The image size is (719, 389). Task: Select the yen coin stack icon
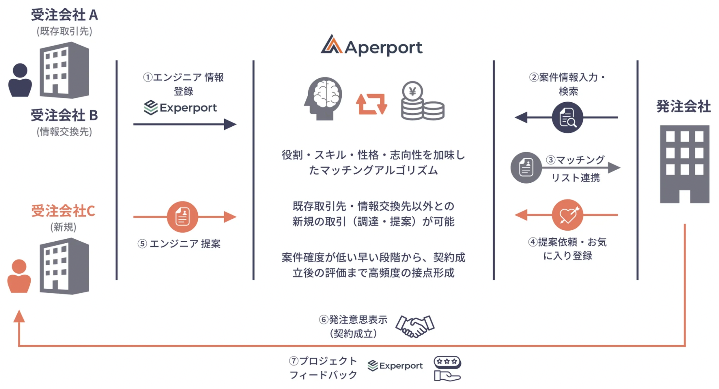pyautogui.click(x=422, y=101)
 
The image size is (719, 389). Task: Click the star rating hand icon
pyautogui.click(x=447, y=368)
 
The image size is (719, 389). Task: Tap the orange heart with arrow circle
pyautogui.click(x=567, y=215)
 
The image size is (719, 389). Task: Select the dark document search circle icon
pyautogui.click(x=567, y=117)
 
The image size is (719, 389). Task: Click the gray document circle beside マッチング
pyautogui.click(x=526, y=168)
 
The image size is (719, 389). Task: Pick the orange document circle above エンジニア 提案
pyautogui.click(x=183, y=217)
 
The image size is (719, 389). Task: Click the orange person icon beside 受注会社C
pyautogui.click(x=19, y=276)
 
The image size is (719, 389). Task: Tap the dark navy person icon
pyautogui.click(x=20, y=80)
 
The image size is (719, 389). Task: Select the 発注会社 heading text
pyautogui.click(x=683, y=107)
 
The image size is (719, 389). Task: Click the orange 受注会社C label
pyautogui.click(x=63, y=211)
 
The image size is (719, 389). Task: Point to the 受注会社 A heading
pyautogui.click(x=64, y=15)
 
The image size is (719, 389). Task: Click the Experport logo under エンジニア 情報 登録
pyautogui.click(x=180, y=108)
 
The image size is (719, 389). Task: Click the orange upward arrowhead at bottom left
pyautogui.click(x=19, y=316)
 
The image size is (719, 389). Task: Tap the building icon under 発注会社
pyautogui.click(x=684, y=164)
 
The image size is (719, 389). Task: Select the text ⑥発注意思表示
pyautogui.click(x=353, y=320)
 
